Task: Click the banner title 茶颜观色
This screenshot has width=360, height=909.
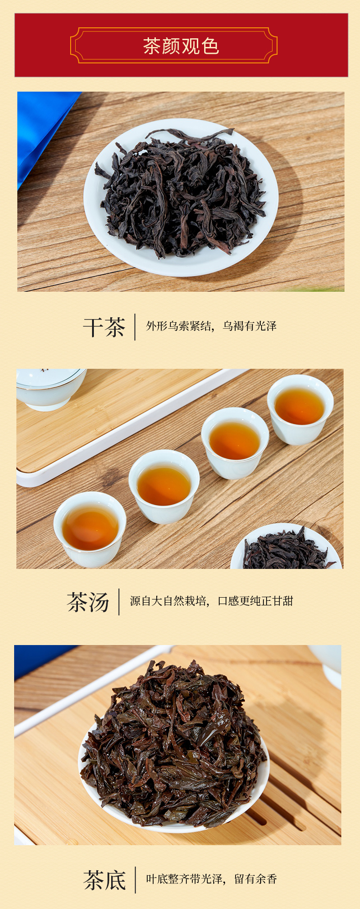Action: click(181, 46)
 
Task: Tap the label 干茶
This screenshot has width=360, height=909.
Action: click(104, 327)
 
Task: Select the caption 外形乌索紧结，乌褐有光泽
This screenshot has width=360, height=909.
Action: click(211, 326)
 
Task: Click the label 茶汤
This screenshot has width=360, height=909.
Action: click(88, 602)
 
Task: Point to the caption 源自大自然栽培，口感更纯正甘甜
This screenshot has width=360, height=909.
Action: click(211, 601)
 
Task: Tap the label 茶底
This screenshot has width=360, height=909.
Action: click(104, 880)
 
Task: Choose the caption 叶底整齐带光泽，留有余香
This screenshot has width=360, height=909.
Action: click(211, 879)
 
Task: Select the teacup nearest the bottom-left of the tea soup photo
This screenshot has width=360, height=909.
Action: click(90, 529)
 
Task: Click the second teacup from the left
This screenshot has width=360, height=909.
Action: click(164, 486)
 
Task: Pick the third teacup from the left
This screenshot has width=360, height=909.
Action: click(235, 443)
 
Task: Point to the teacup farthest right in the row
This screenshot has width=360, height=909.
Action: click(300, 409)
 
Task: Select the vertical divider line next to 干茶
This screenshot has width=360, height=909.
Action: click(135, 327)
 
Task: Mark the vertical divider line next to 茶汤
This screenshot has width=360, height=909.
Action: click(119, 602)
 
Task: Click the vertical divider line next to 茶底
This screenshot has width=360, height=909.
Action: click(135, 880)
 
